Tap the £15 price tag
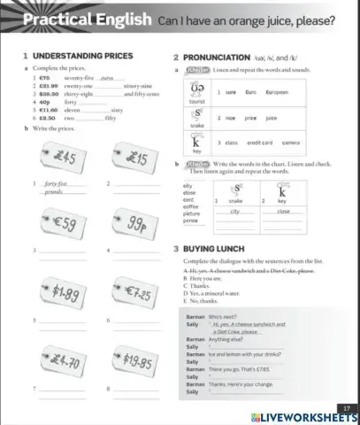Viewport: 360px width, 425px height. click(x=134, y=160)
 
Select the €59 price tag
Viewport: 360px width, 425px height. click(x=57, y=223)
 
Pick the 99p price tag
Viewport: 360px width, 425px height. click(x=134, y=224)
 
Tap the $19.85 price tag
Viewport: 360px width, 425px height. click(x=135, y=362)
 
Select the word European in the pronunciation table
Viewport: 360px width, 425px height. click(x=278, y=92)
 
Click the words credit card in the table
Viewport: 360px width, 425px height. click(x=257, y=142)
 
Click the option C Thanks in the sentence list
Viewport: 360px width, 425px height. click(x=199, y=285)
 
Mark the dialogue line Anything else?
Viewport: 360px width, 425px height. click(x=226, y=339)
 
